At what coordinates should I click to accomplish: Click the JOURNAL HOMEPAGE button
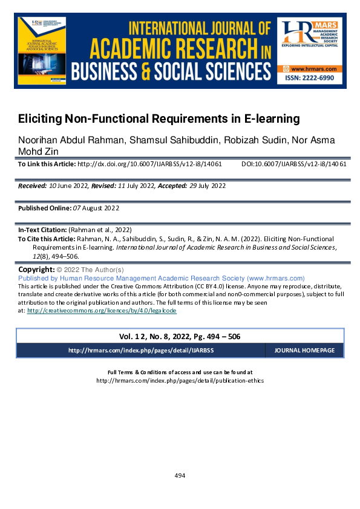point(304,351)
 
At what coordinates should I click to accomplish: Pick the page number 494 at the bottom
point(180,476)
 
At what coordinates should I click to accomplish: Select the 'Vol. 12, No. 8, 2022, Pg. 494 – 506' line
point(180,336)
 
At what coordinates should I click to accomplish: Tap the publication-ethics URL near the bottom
point(180,381)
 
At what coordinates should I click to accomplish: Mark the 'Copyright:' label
point(36,269)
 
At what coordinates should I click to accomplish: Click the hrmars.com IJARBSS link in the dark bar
point(141,351)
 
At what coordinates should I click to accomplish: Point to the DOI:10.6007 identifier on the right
point(293,164)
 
